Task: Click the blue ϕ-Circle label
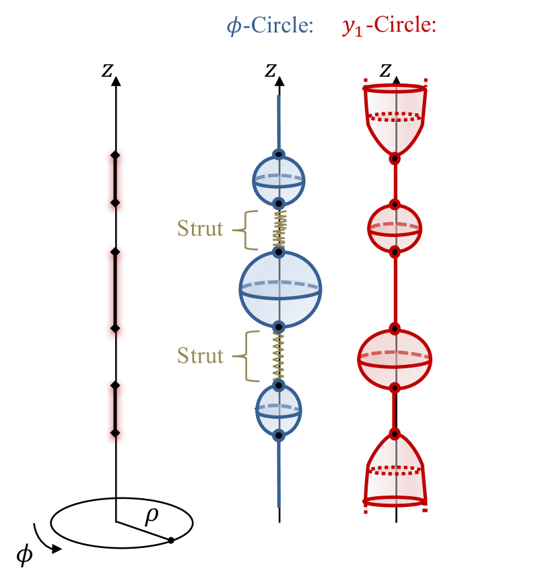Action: tap(270, 26)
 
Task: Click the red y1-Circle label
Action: tap(389, 26)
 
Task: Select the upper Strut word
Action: tap(200, 229)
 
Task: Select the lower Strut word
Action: tap(200, 355)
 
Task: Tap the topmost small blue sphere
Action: tap(279, 180)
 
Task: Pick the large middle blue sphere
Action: tap(280, 289)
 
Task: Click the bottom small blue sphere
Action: tap(279, 409)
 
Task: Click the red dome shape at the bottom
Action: tap(395, 471)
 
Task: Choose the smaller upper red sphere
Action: tap(395, 228)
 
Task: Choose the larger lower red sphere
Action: tap(395, 359)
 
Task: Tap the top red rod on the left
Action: tap(115, 182)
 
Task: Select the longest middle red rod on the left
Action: tap(115, 293)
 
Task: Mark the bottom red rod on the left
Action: tap(115, 411)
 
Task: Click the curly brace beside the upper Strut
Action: tap(247, 230)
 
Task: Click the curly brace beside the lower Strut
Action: tap(248, 356)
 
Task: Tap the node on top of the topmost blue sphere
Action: tap(279, 155)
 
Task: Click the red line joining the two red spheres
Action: tap(395, 289)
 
